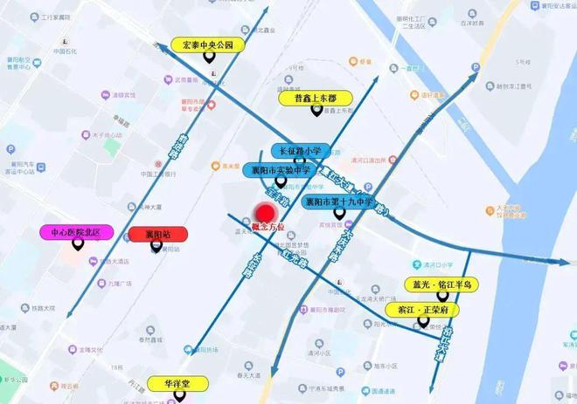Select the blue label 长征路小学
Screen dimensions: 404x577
[301, 150]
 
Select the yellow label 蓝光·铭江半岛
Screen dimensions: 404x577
[442, 284]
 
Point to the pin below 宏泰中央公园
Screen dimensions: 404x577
[210, 58]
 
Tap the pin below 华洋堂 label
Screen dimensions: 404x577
[180, 396]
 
